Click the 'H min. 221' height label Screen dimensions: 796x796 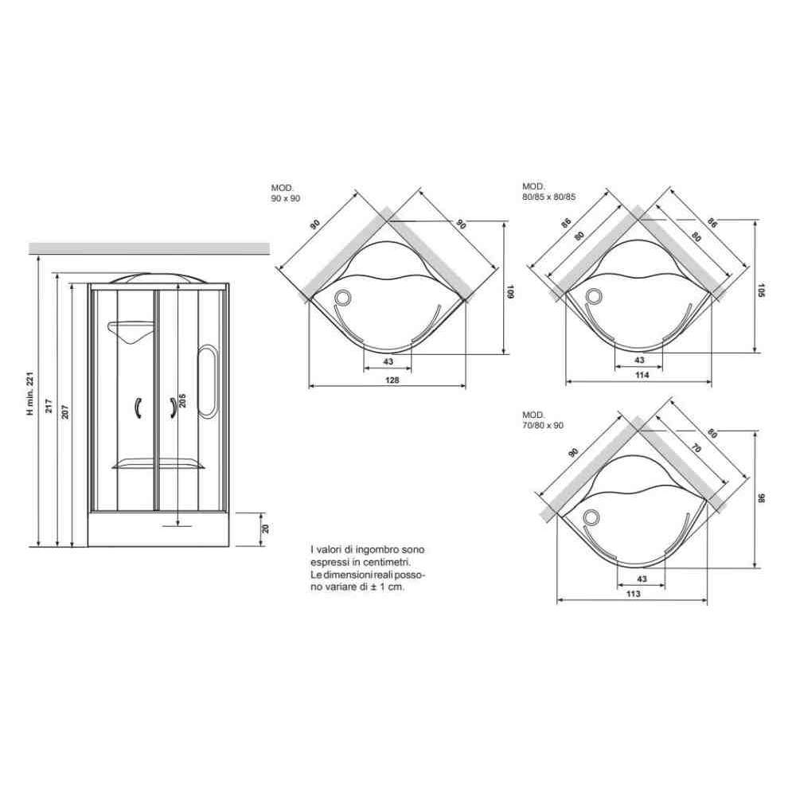point(30,393)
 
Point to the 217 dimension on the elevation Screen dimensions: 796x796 point(49,406)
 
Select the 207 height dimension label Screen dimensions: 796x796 point(65,412)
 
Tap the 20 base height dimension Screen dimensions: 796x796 point(265,529)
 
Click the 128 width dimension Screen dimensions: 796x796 point(392,380)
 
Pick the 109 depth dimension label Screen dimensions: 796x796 point(510,292)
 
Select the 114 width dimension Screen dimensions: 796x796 point(642,375)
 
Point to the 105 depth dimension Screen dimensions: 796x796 point(760,291)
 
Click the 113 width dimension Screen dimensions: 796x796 point(634,594)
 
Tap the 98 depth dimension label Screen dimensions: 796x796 point(760,498)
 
